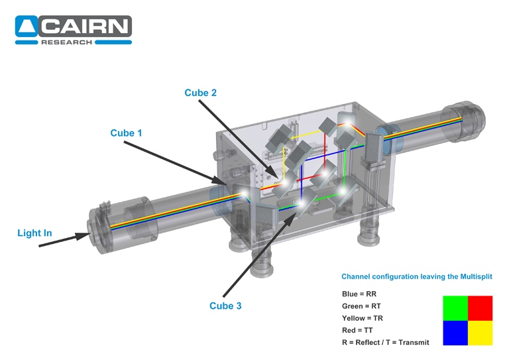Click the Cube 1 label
[x=126, y=133]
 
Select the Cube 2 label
[x=200, y=93]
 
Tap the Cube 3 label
[x=225, y=306]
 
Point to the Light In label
[x=34, y=233]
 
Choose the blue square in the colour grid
[x=455, y=333]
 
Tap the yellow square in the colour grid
[x=480, y=333]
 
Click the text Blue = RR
[x=359, y=293]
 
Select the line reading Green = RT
[x=361, y=306]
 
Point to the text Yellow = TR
[x=363, y=318]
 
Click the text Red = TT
[x=357, y=330]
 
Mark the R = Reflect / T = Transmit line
[x=385, y=342]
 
